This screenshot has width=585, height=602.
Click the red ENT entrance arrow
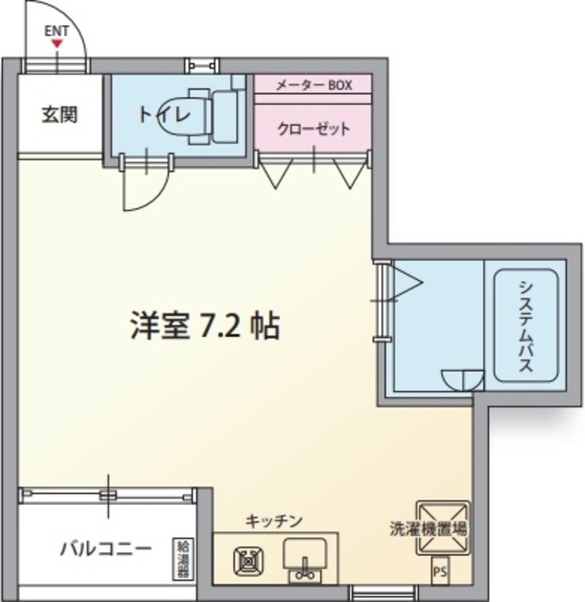coord(58,42)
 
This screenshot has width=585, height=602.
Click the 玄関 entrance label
coord(58,116)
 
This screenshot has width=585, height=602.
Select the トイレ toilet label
coord(166,115)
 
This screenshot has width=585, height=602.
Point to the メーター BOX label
coord(313,86)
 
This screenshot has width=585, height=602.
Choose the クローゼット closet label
coord(313,128)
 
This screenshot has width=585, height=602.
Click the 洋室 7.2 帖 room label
coord(203,325)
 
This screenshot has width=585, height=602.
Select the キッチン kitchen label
coord(274,520)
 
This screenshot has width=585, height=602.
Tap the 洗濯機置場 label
coord(428,529)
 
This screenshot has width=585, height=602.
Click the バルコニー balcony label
coord(105,548)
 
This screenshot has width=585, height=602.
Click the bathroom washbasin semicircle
coord(462,378)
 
